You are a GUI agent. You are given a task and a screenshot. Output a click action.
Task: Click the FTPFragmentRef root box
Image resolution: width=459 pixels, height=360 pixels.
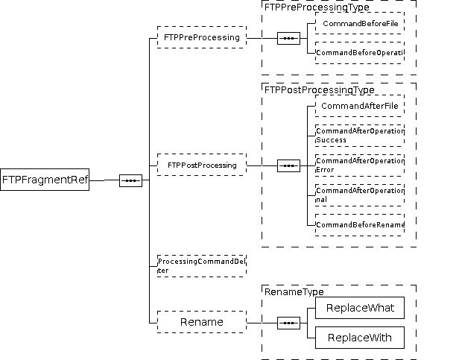[x=45, y=180]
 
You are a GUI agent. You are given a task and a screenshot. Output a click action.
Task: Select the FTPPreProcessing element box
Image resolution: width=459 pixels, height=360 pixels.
[x=201, y=37]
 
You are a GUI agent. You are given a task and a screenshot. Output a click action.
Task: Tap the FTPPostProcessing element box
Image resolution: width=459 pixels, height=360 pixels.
[x=201, y=165]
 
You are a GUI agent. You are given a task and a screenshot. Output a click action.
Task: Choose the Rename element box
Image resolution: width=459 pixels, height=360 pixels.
[x=201, y=322]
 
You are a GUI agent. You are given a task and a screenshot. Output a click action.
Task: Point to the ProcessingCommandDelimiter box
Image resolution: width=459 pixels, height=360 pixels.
[x=201, y=265]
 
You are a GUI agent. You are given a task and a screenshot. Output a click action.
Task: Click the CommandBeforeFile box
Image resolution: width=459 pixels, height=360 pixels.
[x=359, y=23]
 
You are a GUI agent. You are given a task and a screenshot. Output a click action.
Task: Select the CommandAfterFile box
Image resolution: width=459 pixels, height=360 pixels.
[x=359, y=106]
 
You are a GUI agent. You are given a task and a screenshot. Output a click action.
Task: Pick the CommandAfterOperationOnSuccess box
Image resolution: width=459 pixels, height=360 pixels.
[x=359, y=135]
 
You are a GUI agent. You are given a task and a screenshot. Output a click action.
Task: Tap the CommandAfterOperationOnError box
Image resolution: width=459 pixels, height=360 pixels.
[x=359, y=165]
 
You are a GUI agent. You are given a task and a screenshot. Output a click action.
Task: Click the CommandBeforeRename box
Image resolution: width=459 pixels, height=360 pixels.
[x=359, y=224]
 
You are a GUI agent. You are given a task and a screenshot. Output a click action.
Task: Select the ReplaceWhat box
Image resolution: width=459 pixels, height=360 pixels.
[x=359, y=308]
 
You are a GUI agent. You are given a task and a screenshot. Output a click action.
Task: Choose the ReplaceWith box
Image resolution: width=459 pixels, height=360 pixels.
[x=359, y=338]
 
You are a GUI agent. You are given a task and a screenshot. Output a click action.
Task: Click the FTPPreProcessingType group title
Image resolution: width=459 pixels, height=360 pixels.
[x=317, y=7]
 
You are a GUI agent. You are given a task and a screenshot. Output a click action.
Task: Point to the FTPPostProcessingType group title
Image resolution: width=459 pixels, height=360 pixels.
[x=320, y=89]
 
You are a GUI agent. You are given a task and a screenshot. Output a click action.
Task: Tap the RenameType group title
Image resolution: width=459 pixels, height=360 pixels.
[x=294, y=291]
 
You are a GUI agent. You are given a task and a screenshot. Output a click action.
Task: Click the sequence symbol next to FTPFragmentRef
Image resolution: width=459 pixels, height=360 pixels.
[x=130, y=180]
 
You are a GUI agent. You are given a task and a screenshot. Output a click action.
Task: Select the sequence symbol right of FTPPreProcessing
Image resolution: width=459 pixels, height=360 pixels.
[x=288, y=38]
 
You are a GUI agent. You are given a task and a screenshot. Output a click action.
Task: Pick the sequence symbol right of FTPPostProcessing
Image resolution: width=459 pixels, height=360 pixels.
[x=288, y=165]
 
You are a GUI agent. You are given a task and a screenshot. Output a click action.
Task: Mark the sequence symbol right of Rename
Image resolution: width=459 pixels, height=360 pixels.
[x=288, y=323]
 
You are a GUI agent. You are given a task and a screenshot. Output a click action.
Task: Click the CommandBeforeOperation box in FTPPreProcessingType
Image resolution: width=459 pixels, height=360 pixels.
[x=359, y=53]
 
